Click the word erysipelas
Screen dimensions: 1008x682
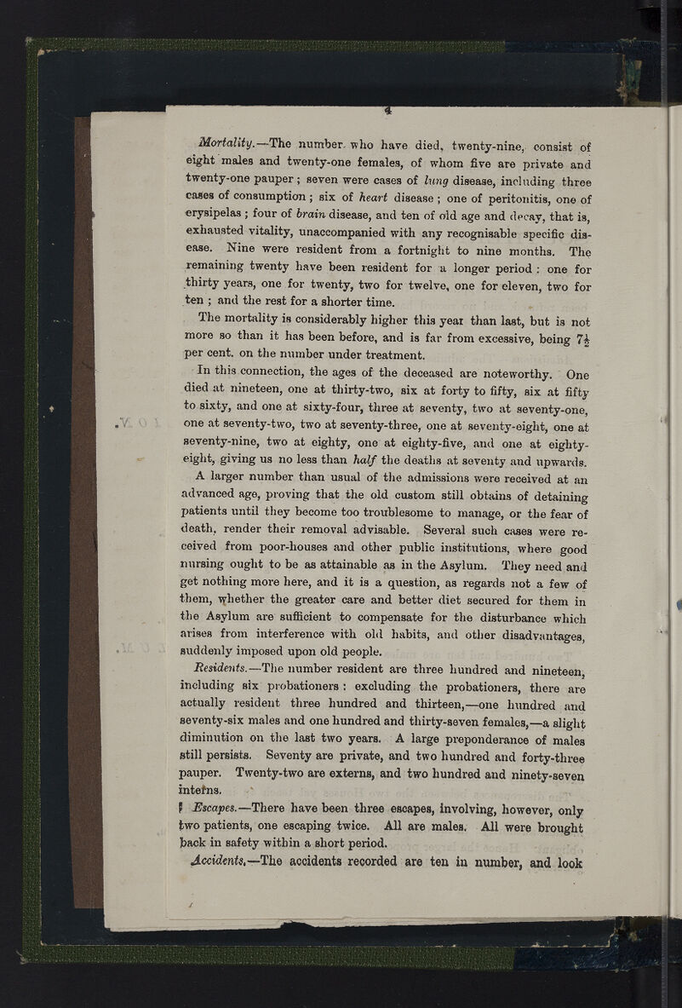[x=219, y=216]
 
